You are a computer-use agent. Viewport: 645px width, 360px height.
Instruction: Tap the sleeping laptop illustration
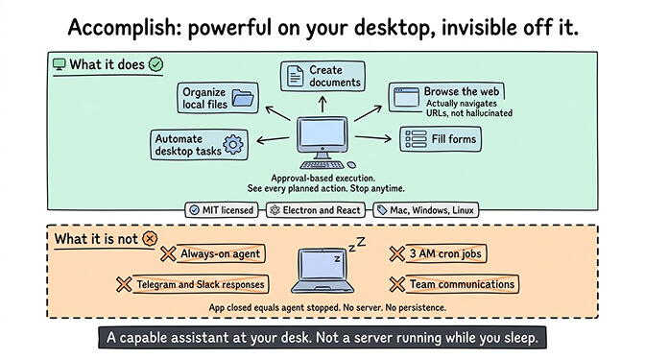tap(322, 270)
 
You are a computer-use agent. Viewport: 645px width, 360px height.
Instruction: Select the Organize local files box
tap(218, 97)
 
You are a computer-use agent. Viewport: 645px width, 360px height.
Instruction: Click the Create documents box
tap(322, 76)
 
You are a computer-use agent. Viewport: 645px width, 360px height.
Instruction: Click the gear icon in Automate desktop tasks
tap(233, 145)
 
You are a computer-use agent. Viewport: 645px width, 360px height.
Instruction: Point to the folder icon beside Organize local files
tap(244, 97)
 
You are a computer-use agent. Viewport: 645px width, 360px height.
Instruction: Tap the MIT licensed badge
tap(223, 209)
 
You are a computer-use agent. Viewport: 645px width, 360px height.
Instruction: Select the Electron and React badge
tap(315, 209)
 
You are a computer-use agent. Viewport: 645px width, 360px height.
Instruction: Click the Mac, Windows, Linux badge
tap(426, 209)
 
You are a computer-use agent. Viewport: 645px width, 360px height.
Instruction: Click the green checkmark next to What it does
tap(155, 64)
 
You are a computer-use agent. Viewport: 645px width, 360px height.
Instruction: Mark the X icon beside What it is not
tap(149, 237)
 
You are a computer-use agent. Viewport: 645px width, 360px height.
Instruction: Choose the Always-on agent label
tap(220, 253)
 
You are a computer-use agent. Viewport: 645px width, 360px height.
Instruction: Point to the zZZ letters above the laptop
tap(356, 247)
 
